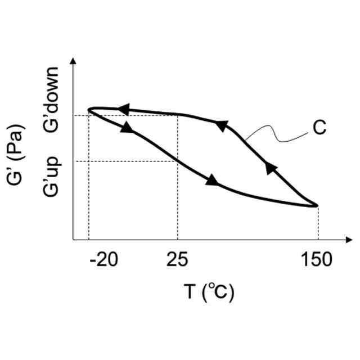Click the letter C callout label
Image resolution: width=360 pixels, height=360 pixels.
319,128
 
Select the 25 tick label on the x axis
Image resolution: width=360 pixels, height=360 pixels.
177,260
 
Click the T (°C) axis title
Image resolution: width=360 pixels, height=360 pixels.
209,292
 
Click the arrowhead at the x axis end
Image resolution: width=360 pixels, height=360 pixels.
348,240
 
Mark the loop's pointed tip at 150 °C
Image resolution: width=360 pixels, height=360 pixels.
317,206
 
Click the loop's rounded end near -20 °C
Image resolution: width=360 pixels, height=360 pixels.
90,109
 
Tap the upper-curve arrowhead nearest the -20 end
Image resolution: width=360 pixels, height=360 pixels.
123,109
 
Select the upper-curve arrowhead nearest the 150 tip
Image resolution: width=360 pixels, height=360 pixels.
271,167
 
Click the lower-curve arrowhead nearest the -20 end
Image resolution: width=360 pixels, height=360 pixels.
128,128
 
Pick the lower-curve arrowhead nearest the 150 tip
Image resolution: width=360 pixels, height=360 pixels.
212,181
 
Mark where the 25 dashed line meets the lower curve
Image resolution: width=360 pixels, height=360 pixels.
178,161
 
